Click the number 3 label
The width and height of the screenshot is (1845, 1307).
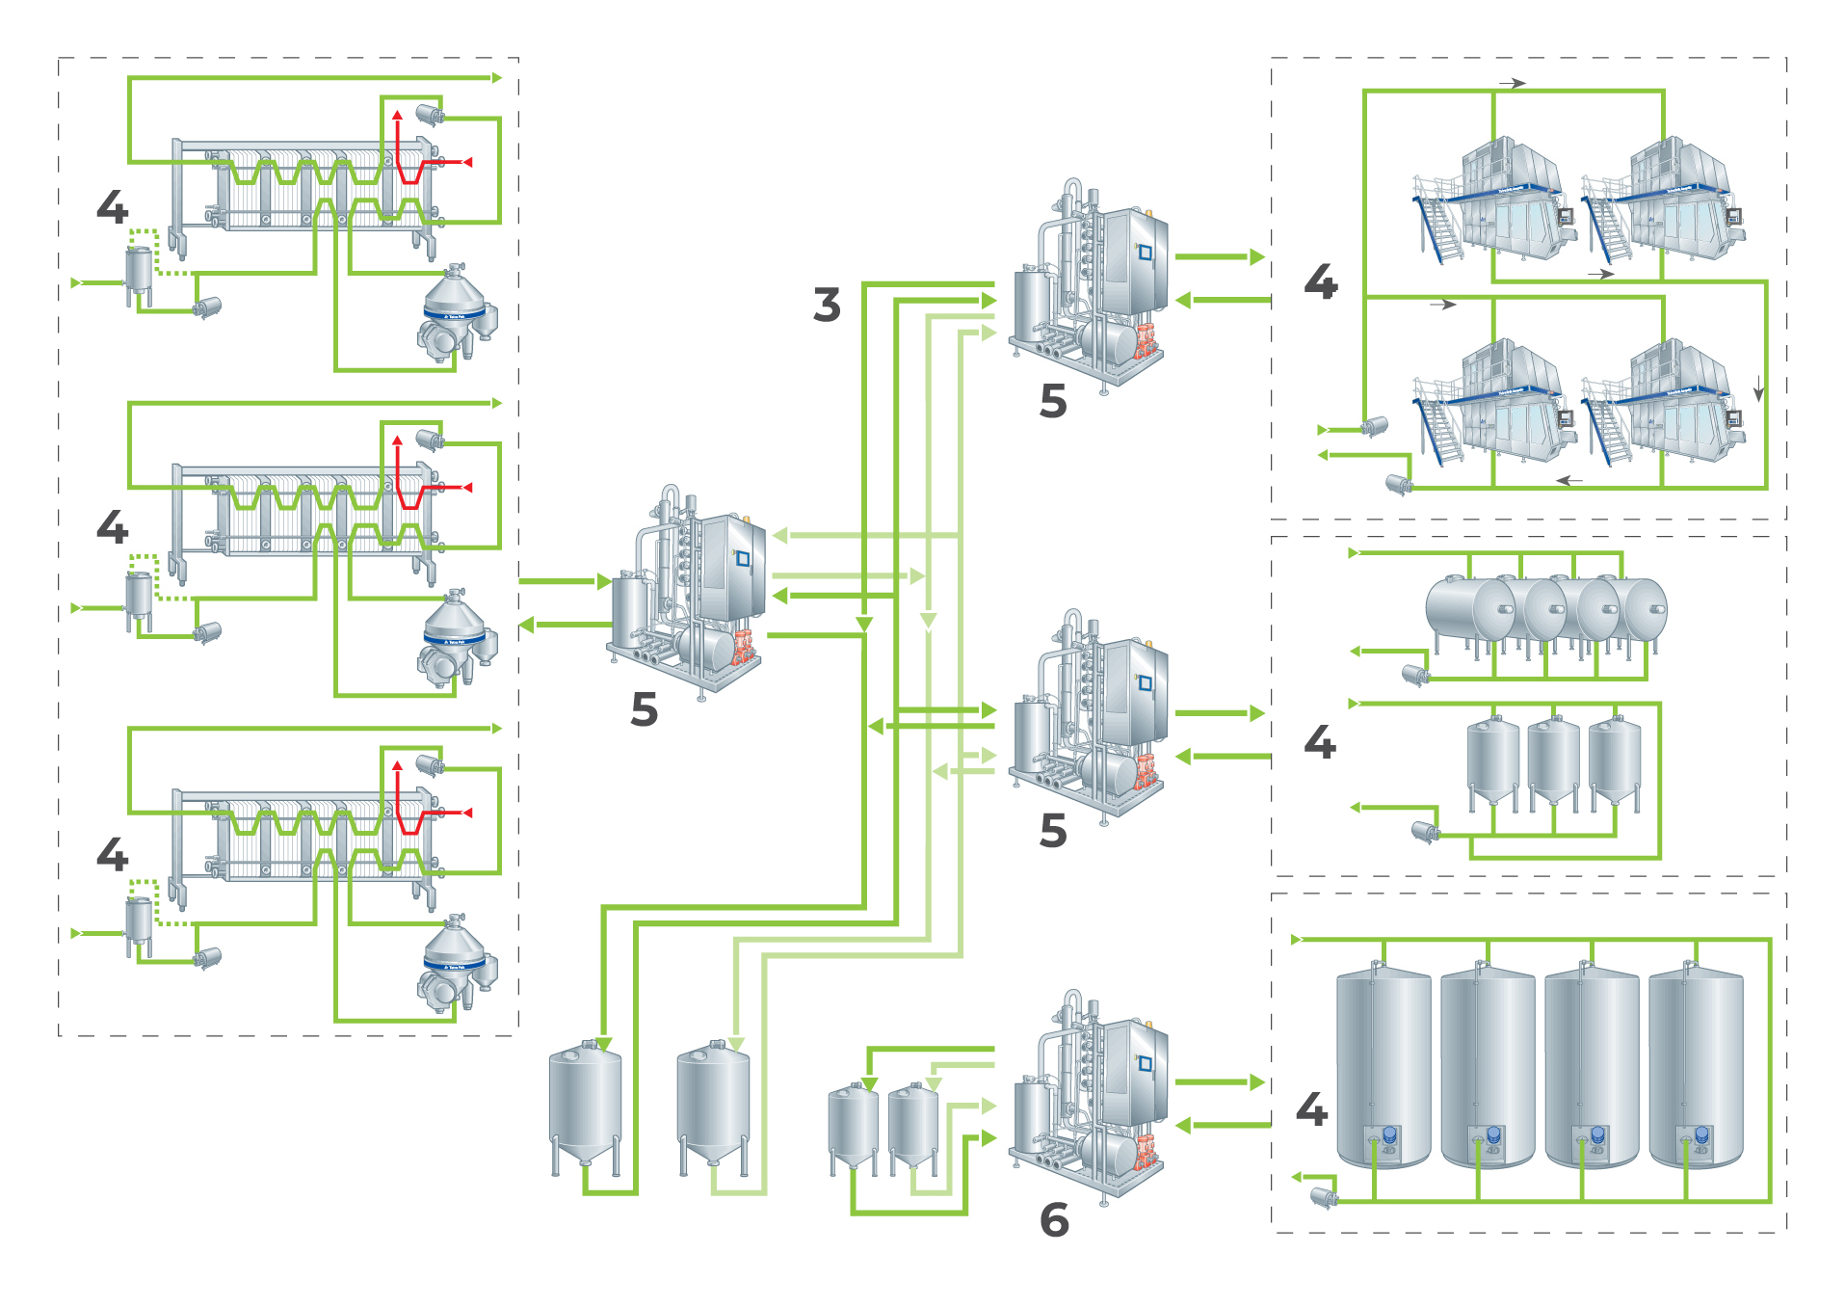point(827,305)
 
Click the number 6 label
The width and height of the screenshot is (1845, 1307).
point(1054,1220)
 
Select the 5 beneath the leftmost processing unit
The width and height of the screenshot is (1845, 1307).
point(644,709)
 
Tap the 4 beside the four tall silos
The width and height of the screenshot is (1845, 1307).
point(1311,1109)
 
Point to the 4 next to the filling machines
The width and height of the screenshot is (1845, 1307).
point(1321,282)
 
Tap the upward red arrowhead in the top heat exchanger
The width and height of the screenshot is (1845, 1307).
point(397,116)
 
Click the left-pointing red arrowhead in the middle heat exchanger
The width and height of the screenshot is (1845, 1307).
point(467,488)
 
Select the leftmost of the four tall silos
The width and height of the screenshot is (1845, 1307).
point(1384,1065)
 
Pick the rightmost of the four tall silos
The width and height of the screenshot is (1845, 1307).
point(1696,1065)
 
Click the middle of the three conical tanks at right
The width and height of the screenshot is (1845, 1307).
point(1553,761)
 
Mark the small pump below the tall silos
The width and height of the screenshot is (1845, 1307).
point(1324,1198)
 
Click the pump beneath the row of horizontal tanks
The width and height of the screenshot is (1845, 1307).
point(1415,674)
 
